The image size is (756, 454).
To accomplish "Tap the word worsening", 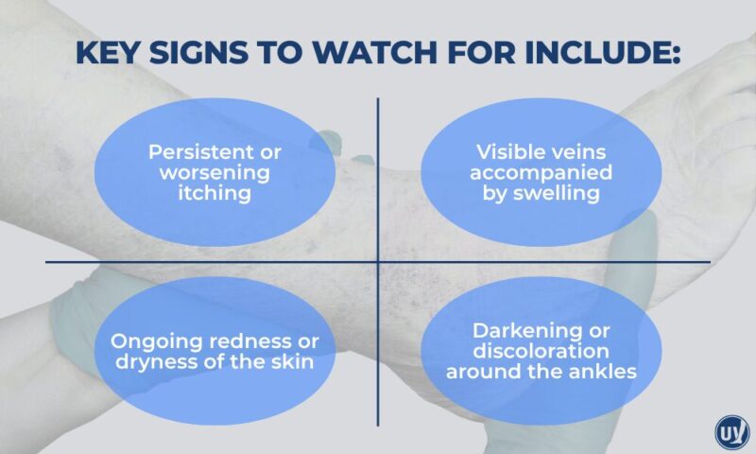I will (x=215, y=173).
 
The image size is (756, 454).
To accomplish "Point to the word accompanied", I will (x=543, y=173).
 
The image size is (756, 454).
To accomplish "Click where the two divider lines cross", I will (x=379, y=262).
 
